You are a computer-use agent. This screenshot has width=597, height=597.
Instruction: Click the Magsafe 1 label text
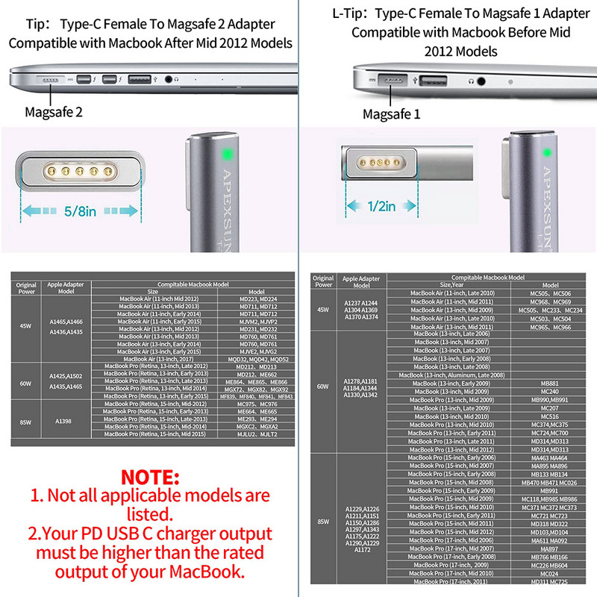pos(392,114)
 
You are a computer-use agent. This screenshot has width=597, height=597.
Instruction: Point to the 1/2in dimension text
pos(381,207)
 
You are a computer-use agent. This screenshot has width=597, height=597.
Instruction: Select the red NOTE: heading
pos(150,476)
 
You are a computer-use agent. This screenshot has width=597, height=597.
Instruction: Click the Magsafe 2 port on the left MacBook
pos(51,78)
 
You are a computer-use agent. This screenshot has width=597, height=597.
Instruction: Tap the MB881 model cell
pos(550,383)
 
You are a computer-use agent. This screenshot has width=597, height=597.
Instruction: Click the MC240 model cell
pos(550,392)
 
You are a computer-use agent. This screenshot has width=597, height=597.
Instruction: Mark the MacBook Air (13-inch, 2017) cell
pos(154,358)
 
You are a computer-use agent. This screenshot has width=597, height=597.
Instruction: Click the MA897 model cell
pos(550,548)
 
